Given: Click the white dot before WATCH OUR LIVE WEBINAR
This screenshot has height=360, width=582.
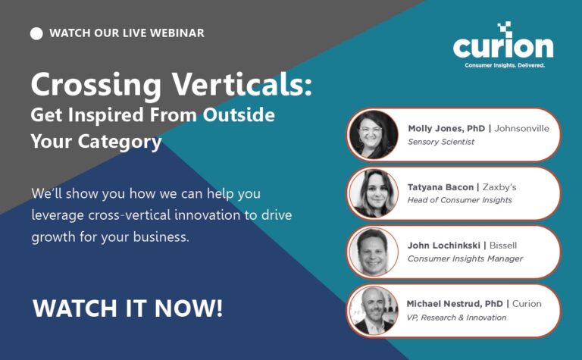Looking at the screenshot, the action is click(36, 33).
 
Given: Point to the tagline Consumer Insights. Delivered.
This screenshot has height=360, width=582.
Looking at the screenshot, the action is click(505, 65).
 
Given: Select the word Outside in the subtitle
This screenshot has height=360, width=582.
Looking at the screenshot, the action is click(239, 114).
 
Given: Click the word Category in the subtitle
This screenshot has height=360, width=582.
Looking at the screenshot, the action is click(120, 142).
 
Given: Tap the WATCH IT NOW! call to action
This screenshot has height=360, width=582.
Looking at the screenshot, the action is click(127, 308).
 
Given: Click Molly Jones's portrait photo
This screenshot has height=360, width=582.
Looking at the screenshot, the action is click(374, 135).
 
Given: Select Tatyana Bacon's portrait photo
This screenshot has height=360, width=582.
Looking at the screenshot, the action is click(374, 193).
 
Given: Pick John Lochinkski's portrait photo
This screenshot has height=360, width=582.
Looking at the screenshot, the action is click(374, 252).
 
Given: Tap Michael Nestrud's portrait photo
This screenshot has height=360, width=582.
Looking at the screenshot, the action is click(374, 310).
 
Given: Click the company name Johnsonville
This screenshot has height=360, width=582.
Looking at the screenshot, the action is click(521, 128).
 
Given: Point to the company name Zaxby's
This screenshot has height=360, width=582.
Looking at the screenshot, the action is click(499, 187).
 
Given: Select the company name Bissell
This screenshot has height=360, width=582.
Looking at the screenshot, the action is click(503, 246).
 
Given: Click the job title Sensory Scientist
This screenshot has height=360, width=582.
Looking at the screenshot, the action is click(441, 142).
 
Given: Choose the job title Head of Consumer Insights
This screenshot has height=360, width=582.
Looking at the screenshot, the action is click(459, 200).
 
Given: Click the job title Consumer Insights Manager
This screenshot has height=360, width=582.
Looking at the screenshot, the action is click(465, 258).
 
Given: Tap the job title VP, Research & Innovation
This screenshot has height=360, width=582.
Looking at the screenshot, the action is click(456, 318).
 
